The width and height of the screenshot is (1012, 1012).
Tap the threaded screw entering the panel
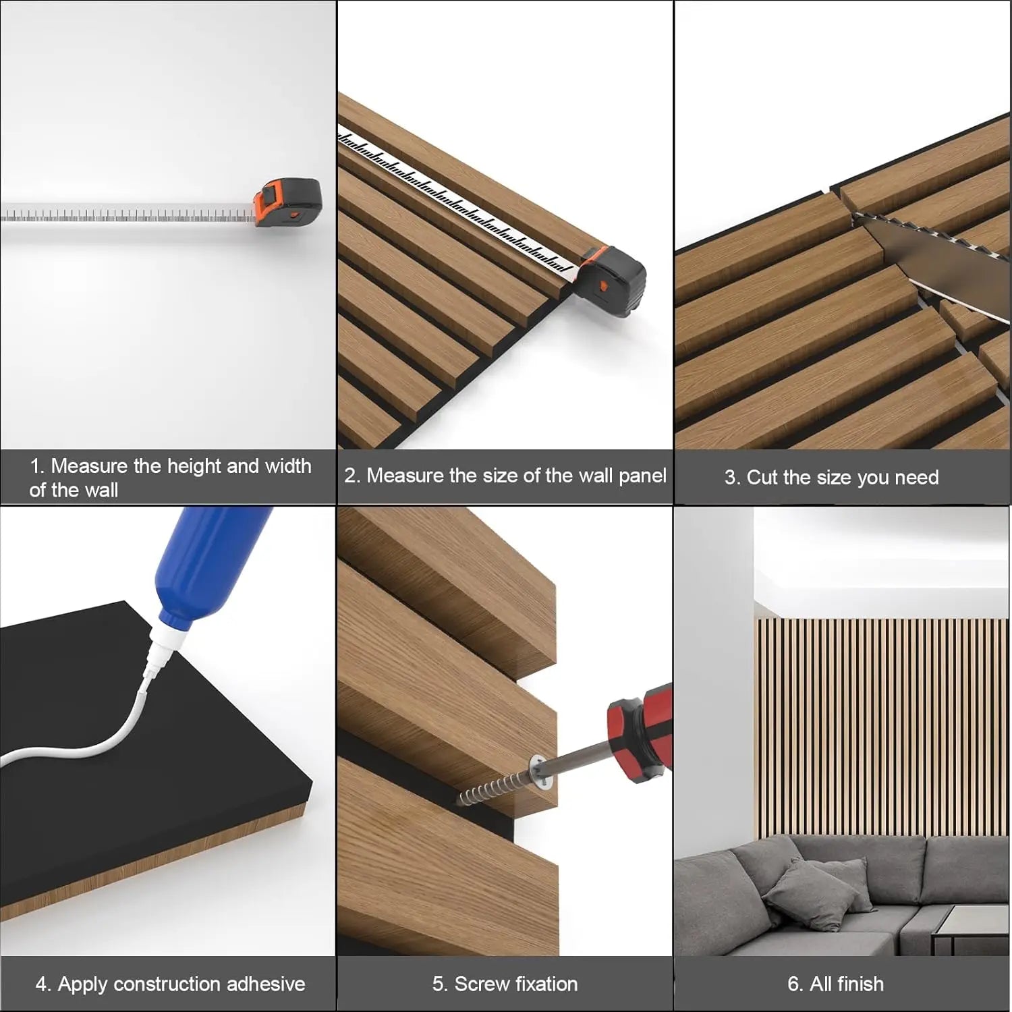(x=493, y=789)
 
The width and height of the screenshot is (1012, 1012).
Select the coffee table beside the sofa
(x=972, y=931)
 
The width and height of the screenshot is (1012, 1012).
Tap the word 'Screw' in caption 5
(x=479, y=984)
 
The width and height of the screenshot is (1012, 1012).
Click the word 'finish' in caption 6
(x=859, y=984)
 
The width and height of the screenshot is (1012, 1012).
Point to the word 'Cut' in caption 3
(x=762, y=477)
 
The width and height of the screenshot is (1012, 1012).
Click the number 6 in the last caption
(x=794, y=984)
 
